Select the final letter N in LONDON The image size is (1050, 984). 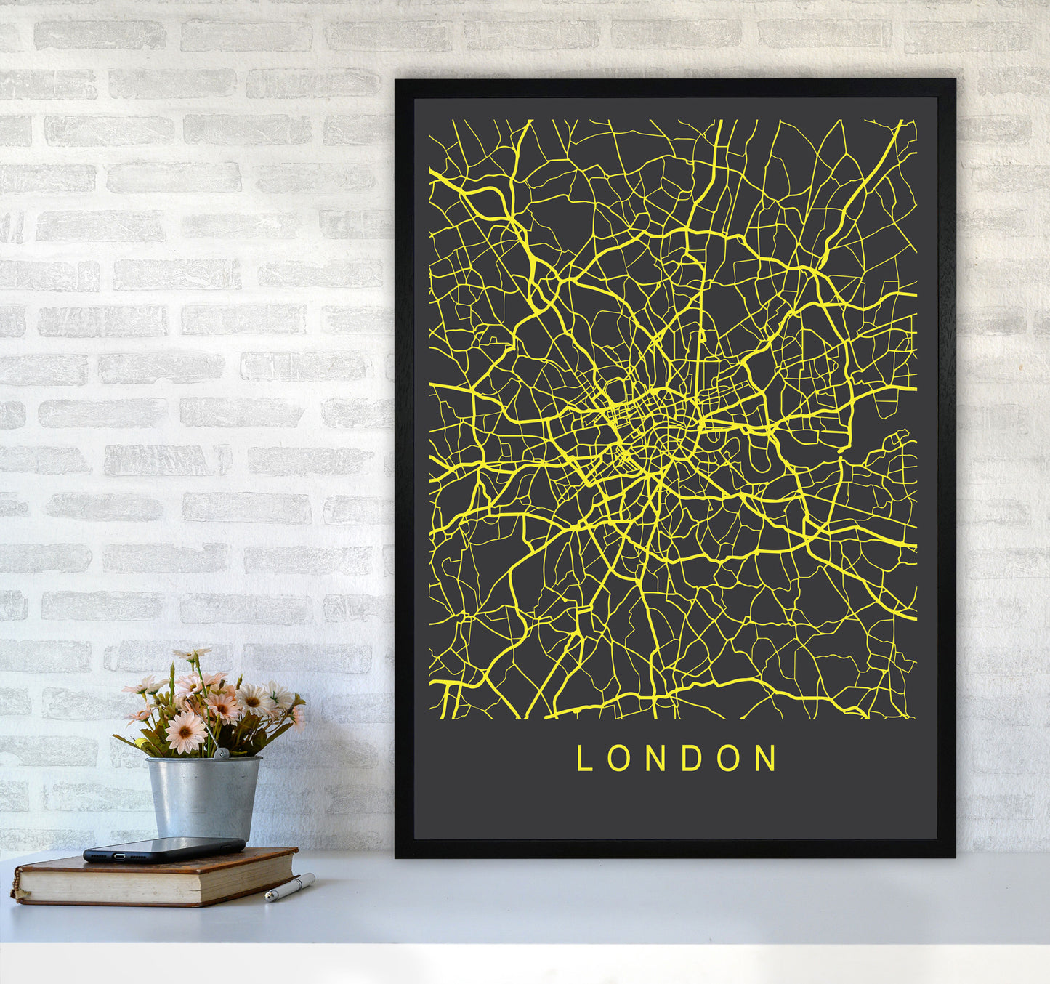pyautogui.click(x=765, y=759)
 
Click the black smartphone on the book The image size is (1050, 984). pyautogui.click(x=164, y=849)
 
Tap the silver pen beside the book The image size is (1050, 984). pyautogui.click(x=290, y=887)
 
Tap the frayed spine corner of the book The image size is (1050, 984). pyautogui.click(x=15, y=888)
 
